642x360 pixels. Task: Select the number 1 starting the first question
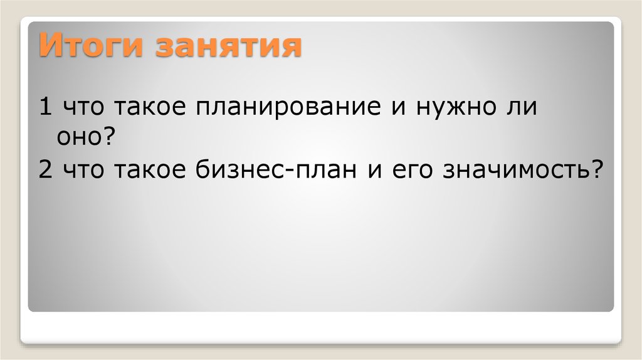click(45, 108)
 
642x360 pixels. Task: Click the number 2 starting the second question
click(45, 169)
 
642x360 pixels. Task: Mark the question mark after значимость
click(593, 169)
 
